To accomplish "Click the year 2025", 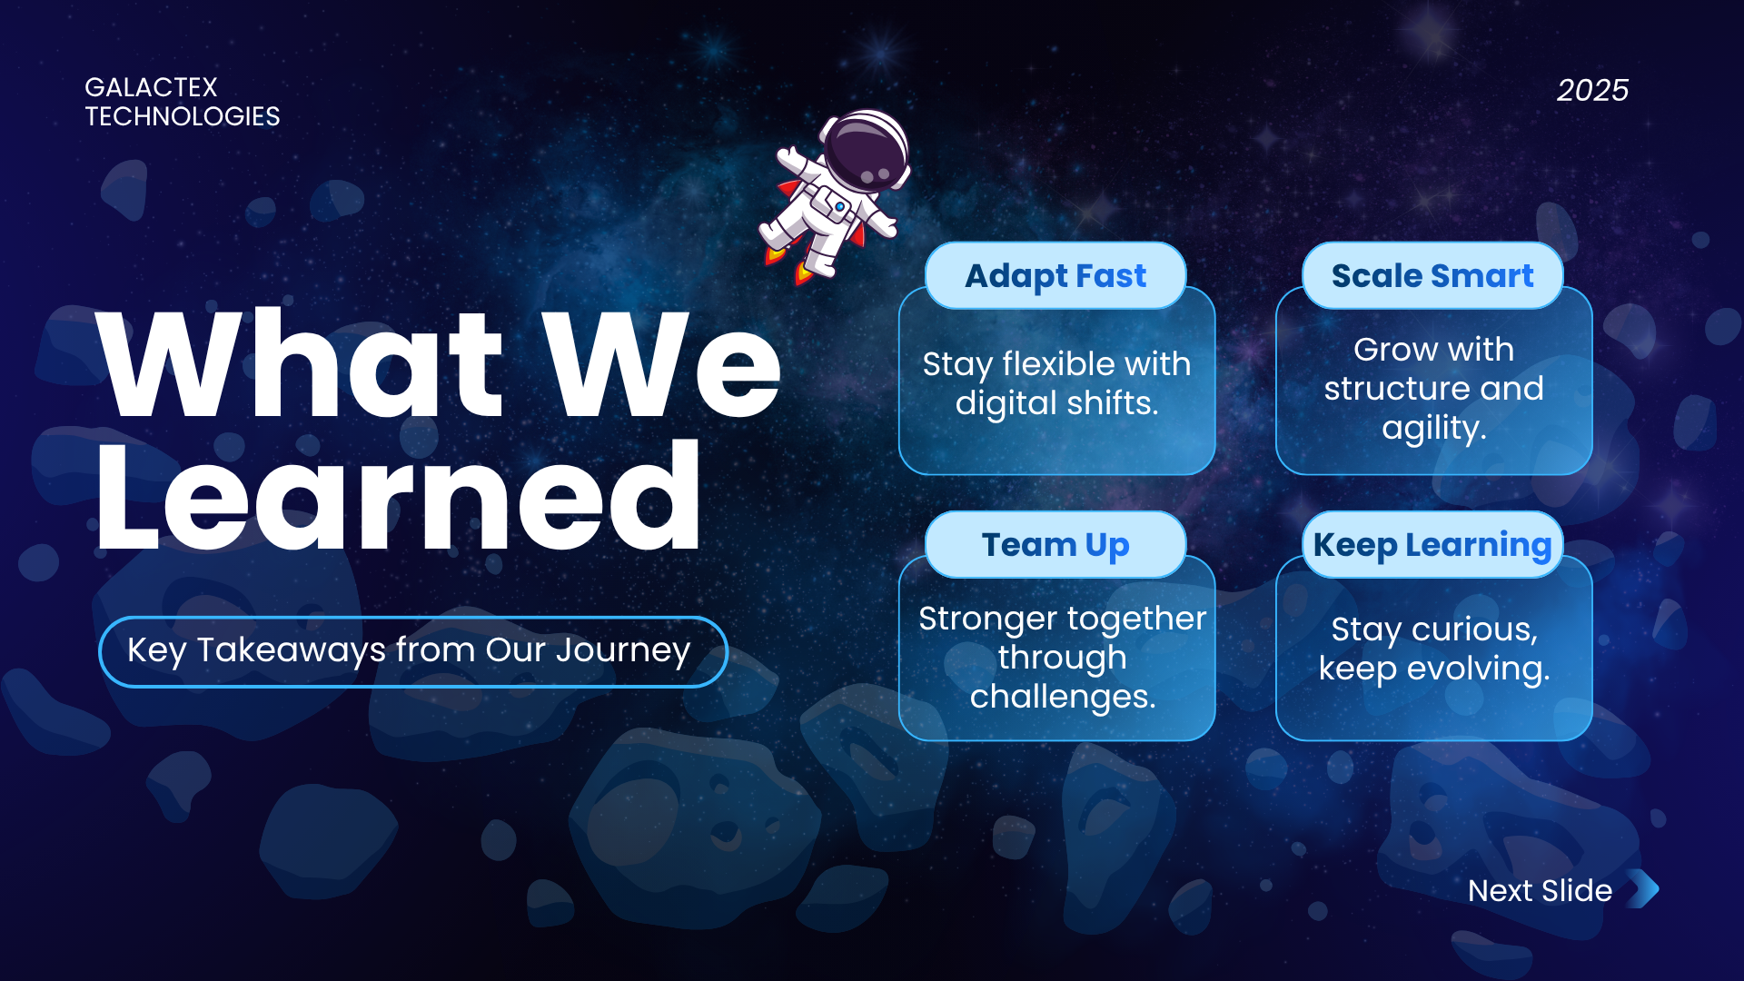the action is click(1592, 90).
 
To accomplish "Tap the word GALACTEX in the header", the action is click(151, 87).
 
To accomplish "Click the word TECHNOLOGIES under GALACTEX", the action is click(183, 116).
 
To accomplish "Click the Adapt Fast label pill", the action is click(1055, 275).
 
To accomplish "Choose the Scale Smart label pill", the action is click(1432, 275).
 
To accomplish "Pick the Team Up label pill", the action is click(1055, 544).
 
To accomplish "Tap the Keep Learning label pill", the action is click(1432, 544).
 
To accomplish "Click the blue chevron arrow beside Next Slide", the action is click(1645, 889).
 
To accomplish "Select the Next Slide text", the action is click(1540, 890).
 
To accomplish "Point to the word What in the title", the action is click(300, 363).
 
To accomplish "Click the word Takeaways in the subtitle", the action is click(292, 651).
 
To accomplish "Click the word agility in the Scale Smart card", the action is click(1433, 428).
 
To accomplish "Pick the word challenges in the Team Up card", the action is click(1063, 698).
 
